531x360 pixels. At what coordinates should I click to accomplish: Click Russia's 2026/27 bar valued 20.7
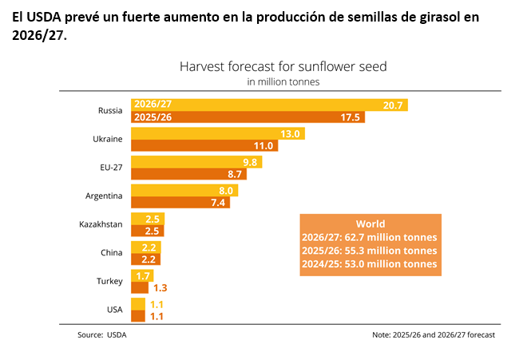coord(269,105)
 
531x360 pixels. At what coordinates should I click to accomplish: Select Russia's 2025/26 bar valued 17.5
coord(248,117)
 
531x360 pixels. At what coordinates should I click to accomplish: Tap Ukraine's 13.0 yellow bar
coord(218,133)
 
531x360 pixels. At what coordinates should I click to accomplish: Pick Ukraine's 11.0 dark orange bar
coord(204,145)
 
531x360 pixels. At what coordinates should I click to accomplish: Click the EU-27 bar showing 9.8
coord(196,162)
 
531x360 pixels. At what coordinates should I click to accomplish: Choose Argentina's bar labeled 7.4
coord(180,203)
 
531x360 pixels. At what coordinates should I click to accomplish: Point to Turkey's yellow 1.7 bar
coord(142,275)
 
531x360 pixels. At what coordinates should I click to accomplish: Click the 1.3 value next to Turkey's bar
coord(160,288)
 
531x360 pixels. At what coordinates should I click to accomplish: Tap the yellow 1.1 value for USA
coord(157,304)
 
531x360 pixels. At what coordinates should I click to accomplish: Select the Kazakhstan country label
coord(101,224)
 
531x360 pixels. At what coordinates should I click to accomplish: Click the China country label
coord(112,253)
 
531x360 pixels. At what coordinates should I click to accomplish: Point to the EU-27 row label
coord(111,168)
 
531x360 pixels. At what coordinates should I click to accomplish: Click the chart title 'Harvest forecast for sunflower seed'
coord(283,66)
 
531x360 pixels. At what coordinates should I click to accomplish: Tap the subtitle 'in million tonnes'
coord(283,82)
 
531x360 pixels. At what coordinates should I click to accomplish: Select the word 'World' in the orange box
coord(371,224)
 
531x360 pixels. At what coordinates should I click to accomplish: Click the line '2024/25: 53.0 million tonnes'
coord(370,264)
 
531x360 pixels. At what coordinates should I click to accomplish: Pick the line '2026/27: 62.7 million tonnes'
coord(370,237)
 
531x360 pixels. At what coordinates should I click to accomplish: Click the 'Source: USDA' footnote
coord(102,335)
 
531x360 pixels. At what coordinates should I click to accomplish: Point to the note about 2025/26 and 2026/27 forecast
coord(434,335)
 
